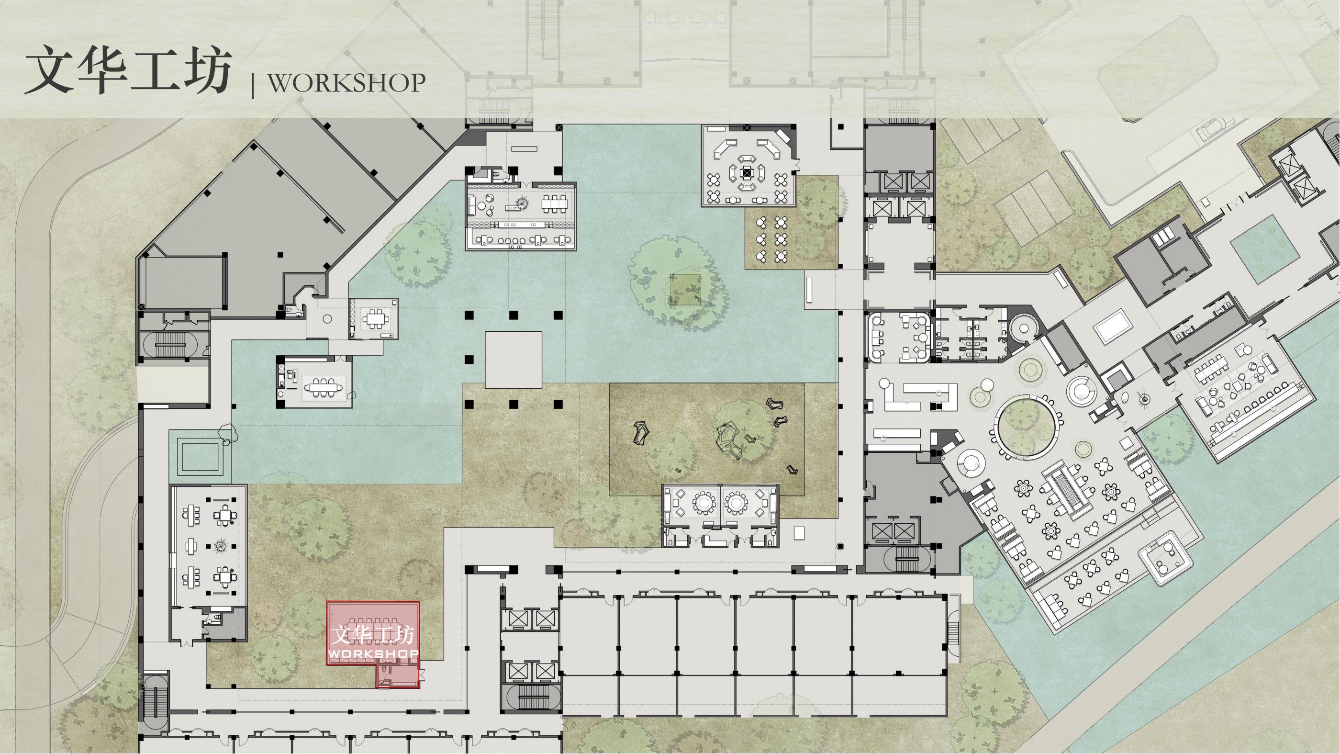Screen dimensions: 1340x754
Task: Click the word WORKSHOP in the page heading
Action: click(346, 82)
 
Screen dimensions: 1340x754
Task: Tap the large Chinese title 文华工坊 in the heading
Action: click(128, 70)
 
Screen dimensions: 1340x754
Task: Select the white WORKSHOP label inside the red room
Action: click(373, 653)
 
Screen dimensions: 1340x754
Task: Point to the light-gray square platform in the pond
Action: click(514, 360)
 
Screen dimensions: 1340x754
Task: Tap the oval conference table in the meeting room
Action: click(321, 388)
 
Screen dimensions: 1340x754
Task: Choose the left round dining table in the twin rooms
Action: click(703, 503)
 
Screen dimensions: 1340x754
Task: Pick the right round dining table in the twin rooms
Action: click(737, 503)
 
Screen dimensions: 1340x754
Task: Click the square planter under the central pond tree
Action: click(685, 289)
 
